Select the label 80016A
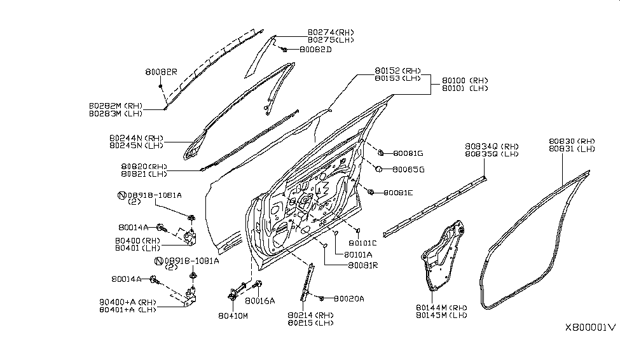[x=259, y=301]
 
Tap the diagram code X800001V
[x=590, y=328]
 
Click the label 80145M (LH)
[x=441, y=315]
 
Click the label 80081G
[x=408, y=153]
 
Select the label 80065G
[x=408, y=170]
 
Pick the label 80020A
[x=348, y=298]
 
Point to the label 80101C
[x=363, y=243]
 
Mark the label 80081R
[x=362, y=265]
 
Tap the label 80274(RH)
[x=331, y=32]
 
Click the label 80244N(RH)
[x=136, y=137]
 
